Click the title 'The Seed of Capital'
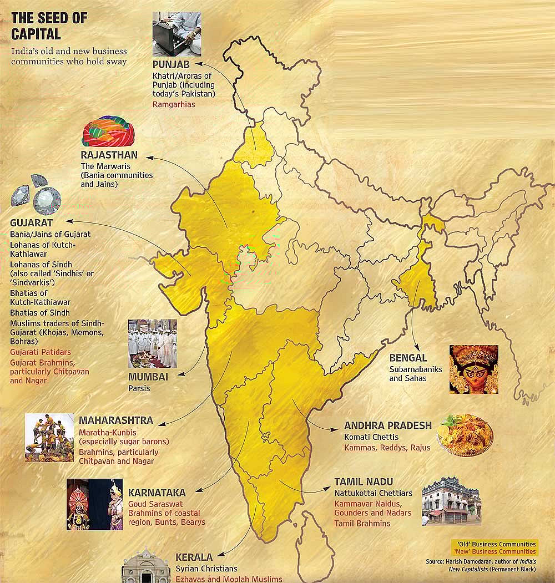[49, 26]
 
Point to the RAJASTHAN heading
[109, 155]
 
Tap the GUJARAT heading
[31, 223]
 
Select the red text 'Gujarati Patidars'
[41, 352]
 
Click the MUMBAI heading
[148, 377]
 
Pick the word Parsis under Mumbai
[139, 388]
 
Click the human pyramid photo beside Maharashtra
[49, 438]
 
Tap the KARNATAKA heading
[157, 492]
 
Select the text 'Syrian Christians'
[206, 569]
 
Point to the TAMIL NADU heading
[364, 481]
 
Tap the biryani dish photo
[465, 435]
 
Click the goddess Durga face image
[473, 369]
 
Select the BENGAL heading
[408, 358]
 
